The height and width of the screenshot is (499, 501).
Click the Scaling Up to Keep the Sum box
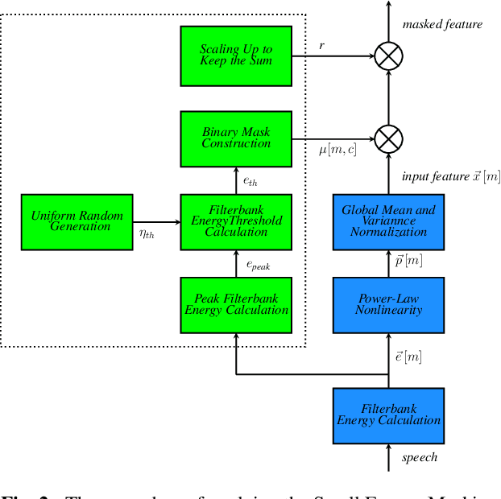pyautogui.click(x=236, y=56)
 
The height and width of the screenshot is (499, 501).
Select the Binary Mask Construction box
pyautogui.click(x=236, y=138)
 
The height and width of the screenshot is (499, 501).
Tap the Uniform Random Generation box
pyautogui.click(x=77, y=221)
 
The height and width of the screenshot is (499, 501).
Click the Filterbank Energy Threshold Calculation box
pyautogui.click(x=236, y=221)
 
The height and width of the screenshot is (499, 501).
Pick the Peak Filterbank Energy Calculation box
pyautogui.click(x=236, y=304)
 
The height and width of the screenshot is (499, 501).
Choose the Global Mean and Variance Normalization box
pyautogui.click(x=388, y=221)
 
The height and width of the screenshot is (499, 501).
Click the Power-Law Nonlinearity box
pyautogui.click(x=388, y=304)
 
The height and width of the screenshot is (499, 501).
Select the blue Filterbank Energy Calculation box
pyautogui.click(x=388, y=415)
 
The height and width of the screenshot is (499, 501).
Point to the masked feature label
pyautogui.click(x=442, y=24)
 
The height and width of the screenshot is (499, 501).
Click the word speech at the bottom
pyautogui.click(x=420, y=457)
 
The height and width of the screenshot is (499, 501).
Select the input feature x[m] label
pyautogui.click(x=450, y=177)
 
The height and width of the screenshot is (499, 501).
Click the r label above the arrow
pyautogui.click(x=321, y=46)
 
